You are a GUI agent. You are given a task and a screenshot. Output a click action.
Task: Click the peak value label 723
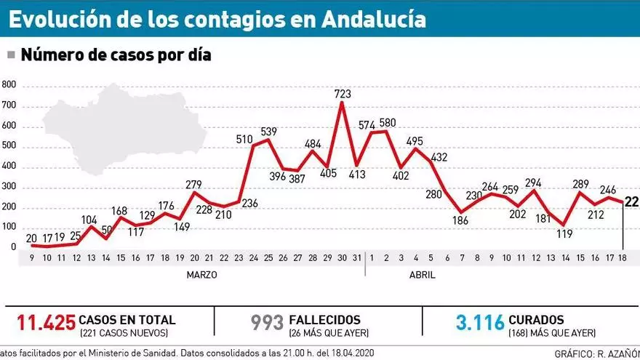[343, 94]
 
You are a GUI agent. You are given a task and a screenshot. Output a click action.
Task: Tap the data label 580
[388, 122]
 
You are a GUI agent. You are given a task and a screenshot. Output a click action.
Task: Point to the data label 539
[269, 131]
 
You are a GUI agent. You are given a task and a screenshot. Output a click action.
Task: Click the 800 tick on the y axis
[9, 84]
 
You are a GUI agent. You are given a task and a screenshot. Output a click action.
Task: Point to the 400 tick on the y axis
[9, 167]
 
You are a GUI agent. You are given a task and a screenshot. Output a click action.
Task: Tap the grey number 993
[266, 321]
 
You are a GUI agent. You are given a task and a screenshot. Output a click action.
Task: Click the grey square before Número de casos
[11, 55]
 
